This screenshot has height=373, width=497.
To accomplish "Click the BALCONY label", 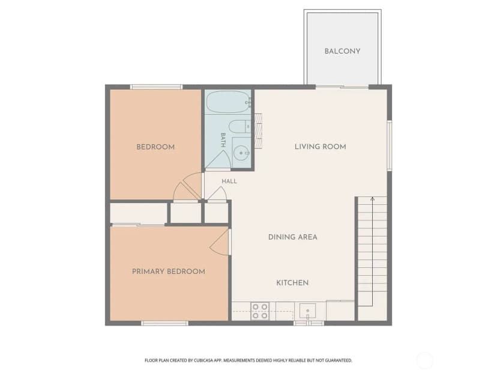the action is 342,51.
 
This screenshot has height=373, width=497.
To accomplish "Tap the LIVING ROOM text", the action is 320,147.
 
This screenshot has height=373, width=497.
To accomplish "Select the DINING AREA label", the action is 292,237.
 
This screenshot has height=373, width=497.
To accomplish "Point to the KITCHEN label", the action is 292,283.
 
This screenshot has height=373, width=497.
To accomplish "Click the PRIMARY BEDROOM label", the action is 168,271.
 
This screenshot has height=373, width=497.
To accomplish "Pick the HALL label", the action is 229,181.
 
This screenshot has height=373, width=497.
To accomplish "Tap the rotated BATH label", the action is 223,140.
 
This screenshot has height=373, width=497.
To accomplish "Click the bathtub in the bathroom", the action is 228,102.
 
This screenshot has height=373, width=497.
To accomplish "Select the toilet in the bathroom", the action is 240,127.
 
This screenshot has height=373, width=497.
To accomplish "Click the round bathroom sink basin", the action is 241,153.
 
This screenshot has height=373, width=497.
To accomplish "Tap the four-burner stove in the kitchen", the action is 260,311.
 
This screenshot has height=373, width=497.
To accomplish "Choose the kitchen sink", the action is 307,311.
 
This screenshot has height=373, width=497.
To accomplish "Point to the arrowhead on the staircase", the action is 372,199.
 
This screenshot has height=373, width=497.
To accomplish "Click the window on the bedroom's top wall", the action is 156,86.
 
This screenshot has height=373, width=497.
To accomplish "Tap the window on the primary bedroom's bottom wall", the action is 164,323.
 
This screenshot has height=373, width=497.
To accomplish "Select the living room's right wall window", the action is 390,145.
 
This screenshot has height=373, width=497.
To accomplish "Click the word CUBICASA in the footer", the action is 203,360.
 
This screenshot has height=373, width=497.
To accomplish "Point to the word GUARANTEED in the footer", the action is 339,360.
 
